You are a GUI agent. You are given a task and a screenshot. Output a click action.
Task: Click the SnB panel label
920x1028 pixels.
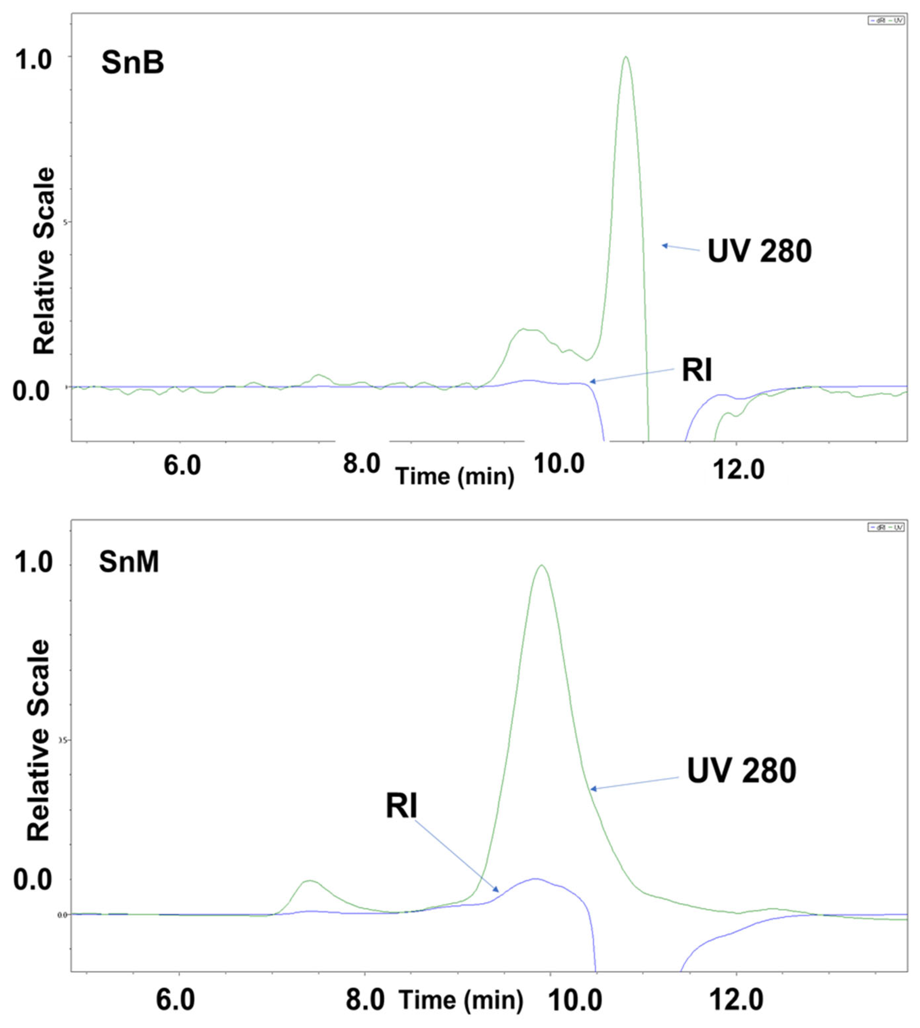click(132, 64)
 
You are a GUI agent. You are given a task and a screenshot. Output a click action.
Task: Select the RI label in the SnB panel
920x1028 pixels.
click(697, 371)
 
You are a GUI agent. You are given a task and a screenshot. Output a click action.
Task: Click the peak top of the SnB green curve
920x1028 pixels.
click(626, 57)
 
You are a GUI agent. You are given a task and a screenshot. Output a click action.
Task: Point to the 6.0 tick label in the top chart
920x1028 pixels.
click(182, 465)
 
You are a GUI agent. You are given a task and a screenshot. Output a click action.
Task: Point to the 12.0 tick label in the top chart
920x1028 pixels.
click(738, 470)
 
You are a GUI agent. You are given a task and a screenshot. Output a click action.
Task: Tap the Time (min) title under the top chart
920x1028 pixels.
click(455, 476)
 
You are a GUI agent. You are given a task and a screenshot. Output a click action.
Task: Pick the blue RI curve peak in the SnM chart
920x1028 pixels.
click(535, 879)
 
